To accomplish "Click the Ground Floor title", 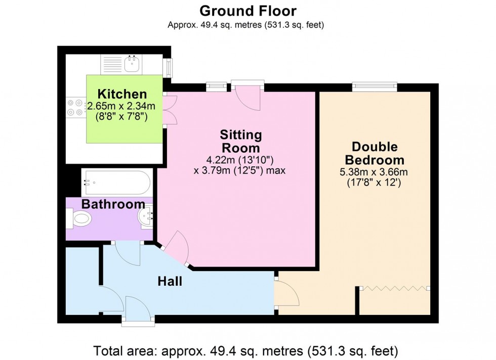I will click(x=247, y=11).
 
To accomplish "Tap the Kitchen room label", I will click(x=122, y=94).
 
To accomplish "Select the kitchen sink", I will click(x=133, y=64).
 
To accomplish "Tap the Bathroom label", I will click(x=113, y=204).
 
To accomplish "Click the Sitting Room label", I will click(x=240, y=141).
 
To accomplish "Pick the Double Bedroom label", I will click(x=375, y=153).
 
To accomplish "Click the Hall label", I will click(x=170, y=281).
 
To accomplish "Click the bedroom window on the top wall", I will click(x=375, y=87).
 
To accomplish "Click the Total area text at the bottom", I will click(x=246, y=350).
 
